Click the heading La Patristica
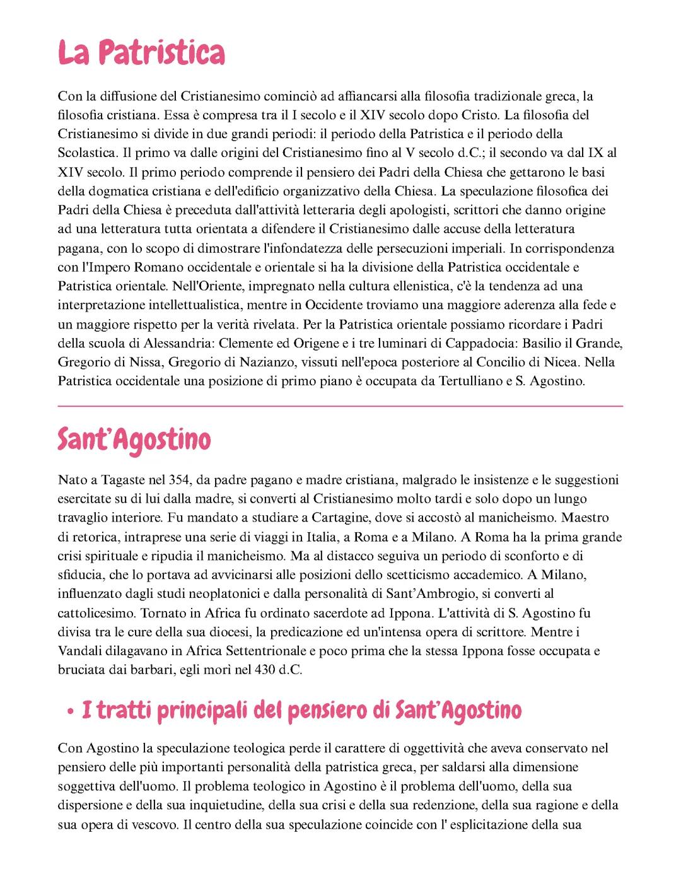click(141, 54)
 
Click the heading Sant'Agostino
click(134, 440)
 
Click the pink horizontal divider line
click(340, 406)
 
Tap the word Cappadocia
click(479, 343)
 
